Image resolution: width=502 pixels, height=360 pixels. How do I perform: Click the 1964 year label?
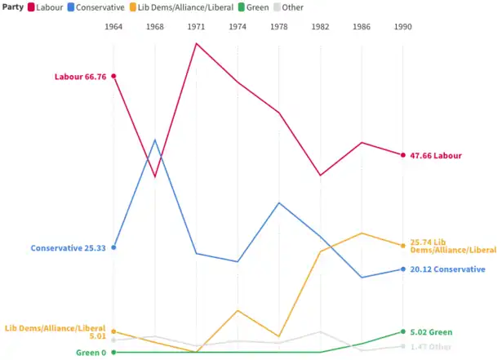pos(113,27)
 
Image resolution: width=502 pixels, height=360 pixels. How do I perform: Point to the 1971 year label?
pos(197,27)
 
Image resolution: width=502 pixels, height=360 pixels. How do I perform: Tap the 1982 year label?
pos(321,27)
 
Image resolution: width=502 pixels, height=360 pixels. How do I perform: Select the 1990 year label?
pos(403,27)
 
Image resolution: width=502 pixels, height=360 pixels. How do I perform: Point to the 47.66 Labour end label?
pos(436,155)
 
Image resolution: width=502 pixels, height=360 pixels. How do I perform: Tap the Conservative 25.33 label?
pos(69,247)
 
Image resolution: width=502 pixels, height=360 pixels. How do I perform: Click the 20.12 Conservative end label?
pos(447,269)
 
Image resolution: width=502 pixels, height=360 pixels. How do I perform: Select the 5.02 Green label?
pos(431,332)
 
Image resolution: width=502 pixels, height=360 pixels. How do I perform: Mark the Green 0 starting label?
pos(91,353)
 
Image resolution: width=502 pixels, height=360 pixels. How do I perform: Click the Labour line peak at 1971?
pos(197,42)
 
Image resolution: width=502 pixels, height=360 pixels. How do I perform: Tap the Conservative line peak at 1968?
pos(155,140)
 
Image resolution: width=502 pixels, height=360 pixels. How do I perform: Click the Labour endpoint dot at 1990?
pos(403,155)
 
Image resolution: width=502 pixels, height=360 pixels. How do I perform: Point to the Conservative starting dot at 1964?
pos(113,247)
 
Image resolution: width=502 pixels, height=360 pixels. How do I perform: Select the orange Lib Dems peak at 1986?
pos(362,233)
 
